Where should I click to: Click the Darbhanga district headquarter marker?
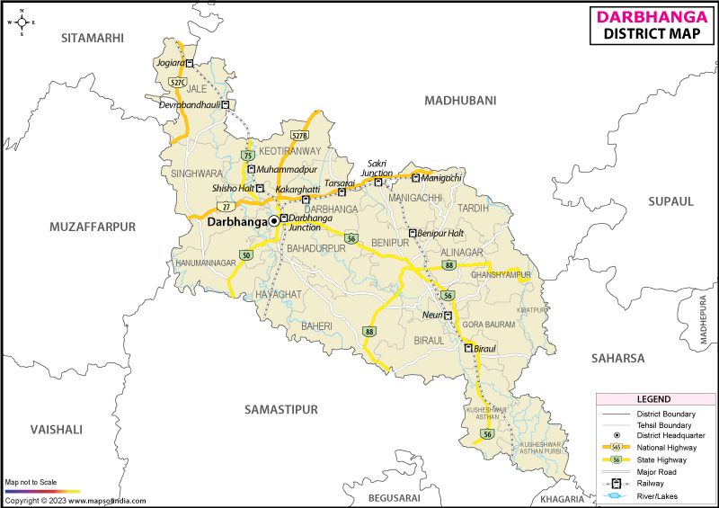pyautogui.click(x=273, y=220)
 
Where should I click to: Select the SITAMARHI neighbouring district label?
pyautogui.click(x=92, y=37)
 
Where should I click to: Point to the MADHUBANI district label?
pyautogui.click(x=460, y=101)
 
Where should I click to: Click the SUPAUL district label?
pyautogui.click(x=671, y=201)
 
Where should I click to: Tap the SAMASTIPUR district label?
pyautogui.click(x=281, y=409)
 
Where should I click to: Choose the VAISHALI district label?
pyautogui.click(x=56, y=430)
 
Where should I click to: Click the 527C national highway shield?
pyautogui.click(x=177, y=82)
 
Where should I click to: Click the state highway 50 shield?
pyautogui.click(x=245, y=256)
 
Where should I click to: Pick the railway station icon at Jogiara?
pyautogui.click(x=191, y=63)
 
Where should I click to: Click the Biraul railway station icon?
pyautogui.click(x=468, y=348)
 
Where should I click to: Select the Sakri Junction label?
pyautogui.click(x=377, y=168)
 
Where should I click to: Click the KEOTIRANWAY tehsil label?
pyautogui.click(x=289, y=150)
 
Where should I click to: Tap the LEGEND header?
pyautogui.click(x=653, y=399)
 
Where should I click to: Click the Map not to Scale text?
pyautogui.click(x=31, y=483)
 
